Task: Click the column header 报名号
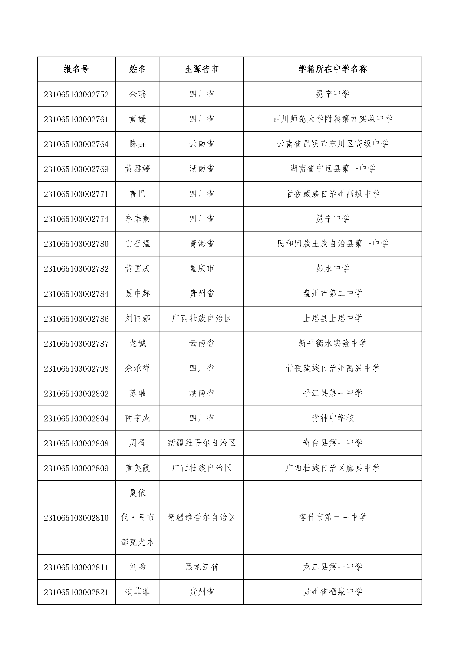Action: (x=76, y=69)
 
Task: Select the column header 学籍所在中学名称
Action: (x=332, y=69)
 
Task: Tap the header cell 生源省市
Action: (x=201, y=69)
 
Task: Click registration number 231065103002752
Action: (x=76, y=95)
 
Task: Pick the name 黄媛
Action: (x=138, y=119)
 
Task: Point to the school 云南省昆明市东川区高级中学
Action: (x=332, y=144)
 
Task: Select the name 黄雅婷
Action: (x=138, y=169)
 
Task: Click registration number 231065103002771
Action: (x=76, y=194)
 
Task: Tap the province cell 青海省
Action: (x=201, y=244)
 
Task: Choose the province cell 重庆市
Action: (x=201, y=269)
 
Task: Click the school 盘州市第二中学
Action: (x=332, y=293)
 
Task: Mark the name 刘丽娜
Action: (x=138, y=319)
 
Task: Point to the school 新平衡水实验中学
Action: (x=332, y=343)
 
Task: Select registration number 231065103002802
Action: (x=76, y=394)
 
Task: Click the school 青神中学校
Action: (x=332, y=418)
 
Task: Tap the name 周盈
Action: (x=138, y=443)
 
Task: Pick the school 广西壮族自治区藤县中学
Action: (x=332, y=468)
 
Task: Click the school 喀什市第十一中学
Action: (x=332, y=517)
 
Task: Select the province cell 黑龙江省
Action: (x=201, y=567)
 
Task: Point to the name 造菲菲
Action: (x=138, y=592)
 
